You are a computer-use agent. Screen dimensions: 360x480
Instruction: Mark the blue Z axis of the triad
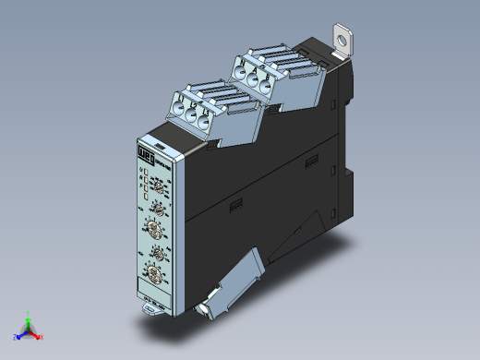pyautogui.click(x=19, y=333)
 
